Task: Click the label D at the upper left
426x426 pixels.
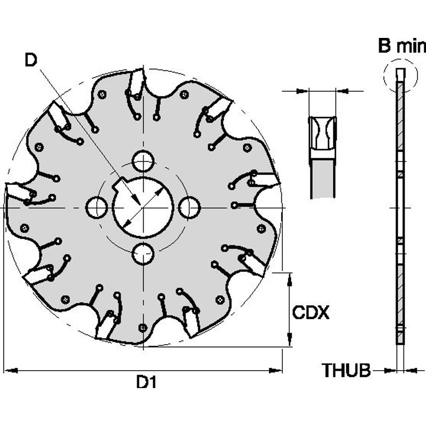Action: [31, 60]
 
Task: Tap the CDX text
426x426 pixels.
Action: [310, 313]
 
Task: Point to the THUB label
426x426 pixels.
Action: [346, 371]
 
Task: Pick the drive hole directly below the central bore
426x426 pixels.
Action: [143, 254]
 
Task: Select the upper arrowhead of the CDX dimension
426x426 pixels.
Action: [290, 278]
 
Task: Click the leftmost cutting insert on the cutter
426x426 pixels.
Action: [17, 192]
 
